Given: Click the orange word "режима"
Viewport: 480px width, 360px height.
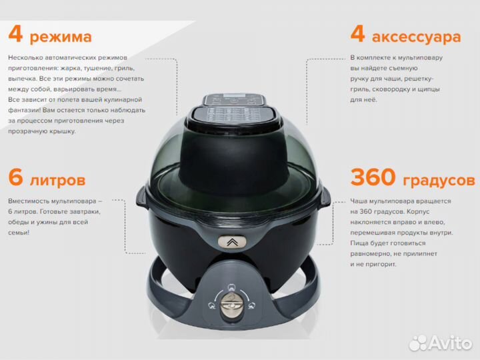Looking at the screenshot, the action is coord(61,37).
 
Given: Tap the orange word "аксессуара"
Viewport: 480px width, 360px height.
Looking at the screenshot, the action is coord(416,37).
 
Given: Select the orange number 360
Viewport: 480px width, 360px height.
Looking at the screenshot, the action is coord(373,177).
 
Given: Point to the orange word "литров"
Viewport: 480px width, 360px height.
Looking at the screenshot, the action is coord(57,180).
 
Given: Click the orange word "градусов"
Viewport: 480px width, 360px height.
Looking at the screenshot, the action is coord(439,181).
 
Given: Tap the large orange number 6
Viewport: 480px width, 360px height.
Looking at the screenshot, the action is coord(16,177).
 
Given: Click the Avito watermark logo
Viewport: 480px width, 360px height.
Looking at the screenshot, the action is coord(441,343).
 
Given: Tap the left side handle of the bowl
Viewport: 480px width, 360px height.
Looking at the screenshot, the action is coord(142,198).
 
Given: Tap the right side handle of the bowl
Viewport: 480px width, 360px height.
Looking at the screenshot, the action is coord(325,198).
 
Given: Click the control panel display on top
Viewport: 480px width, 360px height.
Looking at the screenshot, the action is coord(235,100).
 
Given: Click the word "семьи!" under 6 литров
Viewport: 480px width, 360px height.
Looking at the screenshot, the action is coord(19,233).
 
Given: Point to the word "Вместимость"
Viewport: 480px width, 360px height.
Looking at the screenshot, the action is coord(29,201).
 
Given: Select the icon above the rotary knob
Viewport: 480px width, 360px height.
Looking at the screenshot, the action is coord(232,287).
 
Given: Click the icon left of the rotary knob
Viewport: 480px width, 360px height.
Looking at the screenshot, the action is coord(211,305).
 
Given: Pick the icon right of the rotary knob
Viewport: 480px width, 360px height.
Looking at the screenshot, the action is coord(251,305).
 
